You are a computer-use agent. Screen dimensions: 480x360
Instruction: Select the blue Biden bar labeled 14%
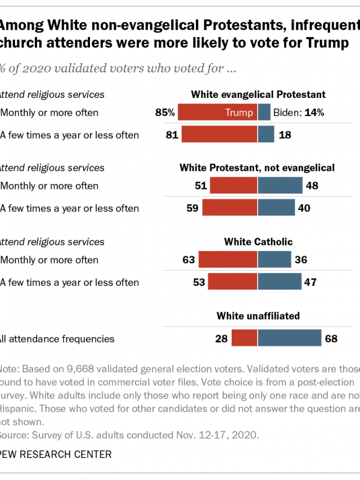tap(264, 113)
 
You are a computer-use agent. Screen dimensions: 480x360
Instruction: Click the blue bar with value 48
tap(280, 186)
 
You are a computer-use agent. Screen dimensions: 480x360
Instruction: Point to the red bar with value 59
tap(230, 208)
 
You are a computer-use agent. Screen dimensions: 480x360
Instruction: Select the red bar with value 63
tap(228, 260)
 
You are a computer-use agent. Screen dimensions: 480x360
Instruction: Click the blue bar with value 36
tap(274, 260)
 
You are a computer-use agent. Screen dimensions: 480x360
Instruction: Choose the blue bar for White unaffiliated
tap(290, 338)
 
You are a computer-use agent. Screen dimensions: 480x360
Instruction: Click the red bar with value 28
tap(244, 338)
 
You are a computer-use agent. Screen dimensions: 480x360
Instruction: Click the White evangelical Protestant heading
tap(258, 95)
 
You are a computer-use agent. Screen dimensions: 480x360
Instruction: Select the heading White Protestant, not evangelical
tap(257, 168)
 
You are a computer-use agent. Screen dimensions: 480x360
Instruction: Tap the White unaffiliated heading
tap(258, 316)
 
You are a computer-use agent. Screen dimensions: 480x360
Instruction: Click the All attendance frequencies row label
tap(57, 339)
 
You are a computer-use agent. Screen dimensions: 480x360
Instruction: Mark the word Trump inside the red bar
tap(239, 113)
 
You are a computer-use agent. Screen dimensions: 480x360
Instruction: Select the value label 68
tap(331, 338)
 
